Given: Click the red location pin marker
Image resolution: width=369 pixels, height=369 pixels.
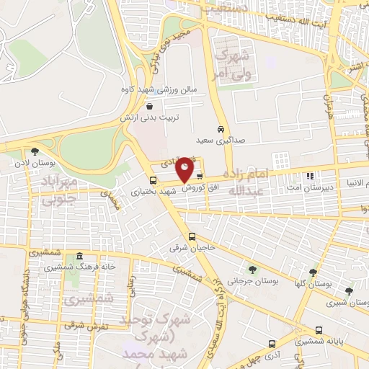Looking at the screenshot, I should coord(185,169).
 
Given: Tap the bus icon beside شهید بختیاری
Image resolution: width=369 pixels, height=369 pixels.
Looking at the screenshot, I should coord(153,181).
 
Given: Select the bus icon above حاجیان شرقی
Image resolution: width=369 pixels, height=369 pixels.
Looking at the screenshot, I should coord(192,236).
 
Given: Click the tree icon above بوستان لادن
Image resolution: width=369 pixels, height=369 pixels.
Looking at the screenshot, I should coord(34,151).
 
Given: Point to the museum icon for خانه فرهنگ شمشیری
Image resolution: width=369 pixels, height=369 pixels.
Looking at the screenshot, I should coord(79,257).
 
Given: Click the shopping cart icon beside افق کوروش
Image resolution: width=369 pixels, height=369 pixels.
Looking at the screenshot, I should coord(200,175).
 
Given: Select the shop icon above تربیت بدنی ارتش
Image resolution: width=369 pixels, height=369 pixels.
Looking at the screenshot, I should coord(148,105).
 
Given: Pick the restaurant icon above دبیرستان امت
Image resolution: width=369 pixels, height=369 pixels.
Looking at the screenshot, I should coord(310,175).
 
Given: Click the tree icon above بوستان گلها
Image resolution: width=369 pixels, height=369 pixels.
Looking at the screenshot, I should coord(313,273).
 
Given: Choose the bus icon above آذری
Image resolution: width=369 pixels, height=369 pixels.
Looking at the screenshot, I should coord(272,344).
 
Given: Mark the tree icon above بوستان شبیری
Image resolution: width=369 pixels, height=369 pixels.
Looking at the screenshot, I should coord(349,291).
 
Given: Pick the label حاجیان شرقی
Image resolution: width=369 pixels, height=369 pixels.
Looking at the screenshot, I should coord(183,248).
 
